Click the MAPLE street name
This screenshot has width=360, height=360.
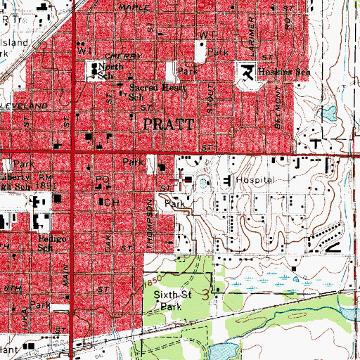(131, 6)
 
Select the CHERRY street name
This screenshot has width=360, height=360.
(118, 54)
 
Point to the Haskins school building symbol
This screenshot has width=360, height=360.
(246, 71)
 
